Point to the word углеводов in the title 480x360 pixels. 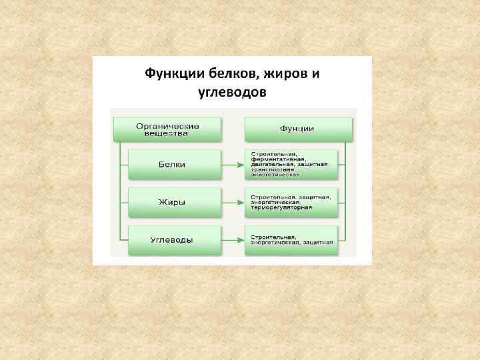pos(233,91)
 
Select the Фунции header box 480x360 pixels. pos(298,128)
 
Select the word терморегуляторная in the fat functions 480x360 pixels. pos(281,207)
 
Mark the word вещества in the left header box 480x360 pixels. pos(167,133)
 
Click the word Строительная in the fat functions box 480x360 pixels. pos(269,197)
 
